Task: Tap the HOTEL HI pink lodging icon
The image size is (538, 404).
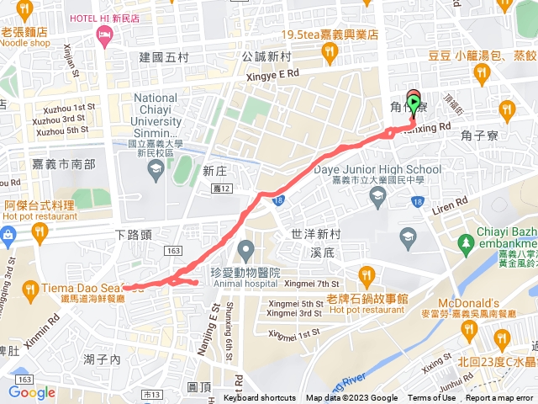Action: coord(105,35)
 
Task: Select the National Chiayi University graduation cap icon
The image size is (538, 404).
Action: coord(155,170)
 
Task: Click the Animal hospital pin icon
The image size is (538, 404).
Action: coord(245,250)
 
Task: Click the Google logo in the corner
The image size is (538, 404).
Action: coord(32,392)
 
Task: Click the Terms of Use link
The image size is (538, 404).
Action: coord(431,398)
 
